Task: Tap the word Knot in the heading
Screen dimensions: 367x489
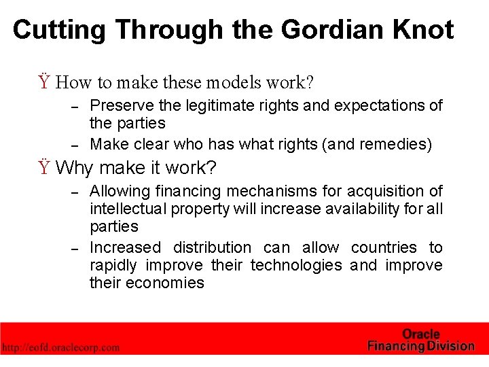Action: (422, 30)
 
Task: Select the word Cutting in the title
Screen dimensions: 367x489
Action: (59, 30)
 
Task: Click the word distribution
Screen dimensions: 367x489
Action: (213, 247)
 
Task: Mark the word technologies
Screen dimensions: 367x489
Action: (296, 265)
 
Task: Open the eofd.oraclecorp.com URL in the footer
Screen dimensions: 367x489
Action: (60, 347)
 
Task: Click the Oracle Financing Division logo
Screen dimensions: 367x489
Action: (420, 340)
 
